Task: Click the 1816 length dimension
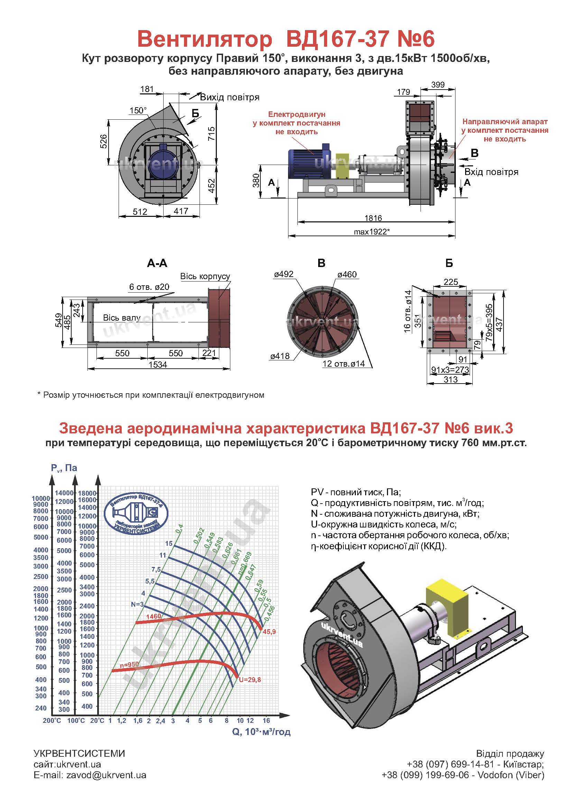tap(373, 218)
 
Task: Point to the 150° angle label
tap(138, 110)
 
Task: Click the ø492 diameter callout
tap(284, 274)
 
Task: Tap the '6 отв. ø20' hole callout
tap(149, 287)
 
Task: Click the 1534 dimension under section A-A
tap(157, 364)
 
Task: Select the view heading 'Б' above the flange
tap(449, 263)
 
